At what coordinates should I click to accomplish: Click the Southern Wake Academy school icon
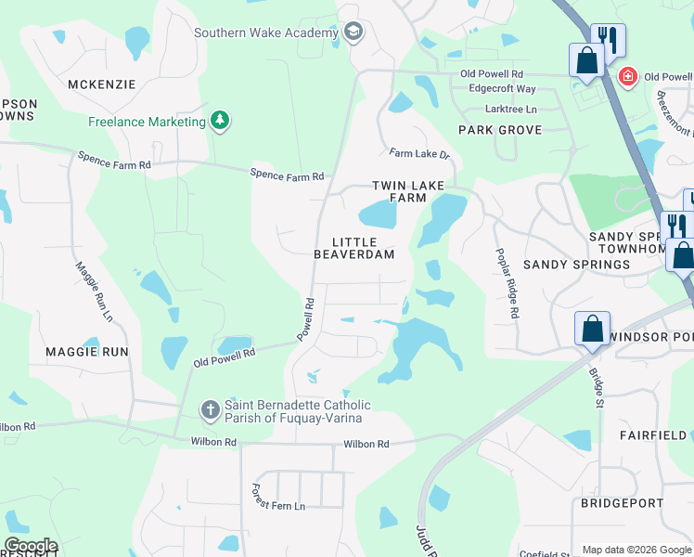(353, 33)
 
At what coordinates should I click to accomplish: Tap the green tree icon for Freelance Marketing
(220, 121)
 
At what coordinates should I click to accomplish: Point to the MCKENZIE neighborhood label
(101, 84)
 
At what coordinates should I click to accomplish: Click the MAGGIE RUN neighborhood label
(86, 352)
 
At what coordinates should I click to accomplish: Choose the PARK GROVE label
(499, 130)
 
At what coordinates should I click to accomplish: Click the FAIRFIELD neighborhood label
(654, 434)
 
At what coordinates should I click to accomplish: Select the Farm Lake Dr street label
(419, 154)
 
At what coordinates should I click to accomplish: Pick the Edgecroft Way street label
(502, 89)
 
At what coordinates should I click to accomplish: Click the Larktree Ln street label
(504, 109)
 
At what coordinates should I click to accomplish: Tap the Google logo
(30, 546)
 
